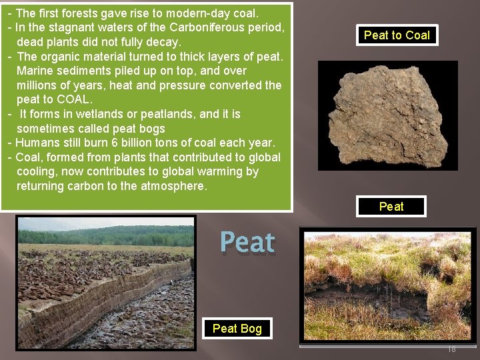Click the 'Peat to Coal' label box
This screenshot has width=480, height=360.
397,35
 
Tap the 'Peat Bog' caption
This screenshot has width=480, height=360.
237,328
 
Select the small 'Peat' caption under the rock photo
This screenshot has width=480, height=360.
391,207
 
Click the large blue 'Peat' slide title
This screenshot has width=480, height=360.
247,242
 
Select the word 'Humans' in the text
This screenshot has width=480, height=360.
36,143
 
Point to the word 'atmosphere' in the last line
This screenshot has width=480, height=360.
173,186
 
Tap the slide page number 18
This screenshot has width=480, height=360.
451,349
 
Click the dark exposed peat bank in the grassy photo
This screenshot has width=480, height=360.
360,293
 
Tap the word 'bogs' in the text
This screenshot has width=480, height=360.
149,128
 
